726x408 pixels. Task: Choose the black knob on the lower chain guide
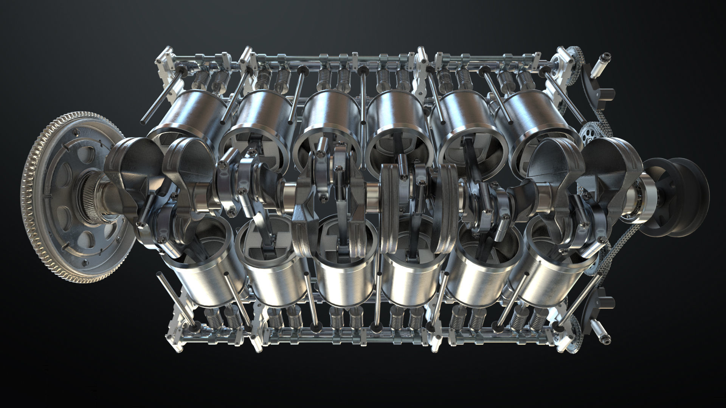(609, 303)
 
